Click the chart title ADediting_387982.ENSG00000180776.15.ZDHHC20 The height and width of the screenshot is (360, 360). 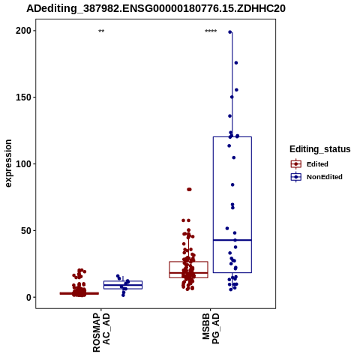[156, 8]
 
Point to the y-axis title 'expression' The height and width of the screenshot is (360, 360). [8, 163]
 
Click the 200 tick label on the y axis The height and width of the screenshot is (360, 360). [23, 31]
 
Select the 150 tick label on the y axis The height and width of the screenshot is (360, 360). [23, 97]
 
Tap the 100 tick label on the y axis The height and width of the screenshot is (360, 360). [23, 164]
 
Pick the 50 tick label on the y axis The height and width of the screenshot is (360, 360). [26, 230]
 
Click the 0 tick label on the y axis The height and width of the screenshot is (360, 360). [29, 297]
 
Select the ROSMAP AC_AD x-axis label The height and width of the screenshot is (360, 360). [101, 332]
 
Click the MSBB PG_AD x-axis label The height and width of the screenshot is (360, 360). [211, 329]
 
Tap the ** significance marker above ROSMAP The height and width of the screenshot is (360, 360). [101, 31]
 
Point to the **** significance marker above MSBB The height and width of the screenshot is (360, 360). [211, 31]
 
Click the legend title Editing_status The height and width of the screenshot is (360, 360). [320, 149]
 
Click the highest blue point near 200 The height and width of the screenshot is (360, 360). [230, 32]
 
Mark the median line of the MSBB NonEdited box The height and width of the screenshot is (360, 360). [232, 240]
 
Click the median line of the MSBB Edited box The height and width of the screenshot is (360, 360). [188, 273]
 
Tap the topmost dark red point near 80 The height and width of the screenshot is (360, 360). [189, 190]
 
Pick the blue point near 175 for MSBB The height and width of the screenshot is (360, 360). [236, 63]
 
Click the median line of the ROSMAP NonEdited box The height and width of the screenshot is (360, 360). [123, 285]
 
